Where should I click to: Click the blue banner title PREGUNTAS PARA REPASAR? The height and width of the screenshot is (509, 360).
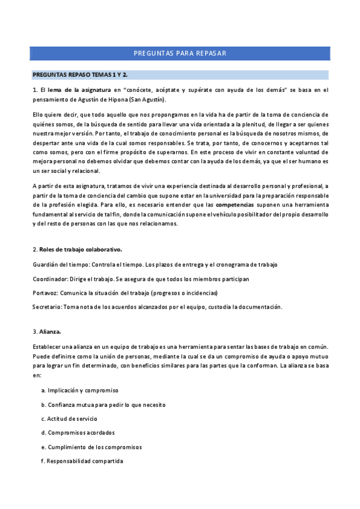click(x=180, y=53)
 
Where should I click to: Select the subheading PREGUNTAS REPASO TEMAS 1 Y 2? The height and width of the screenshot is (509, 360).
click(x=80, y=74)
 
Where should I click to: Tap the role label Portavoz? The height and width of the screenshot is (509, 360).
click(x=46, y=293)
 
